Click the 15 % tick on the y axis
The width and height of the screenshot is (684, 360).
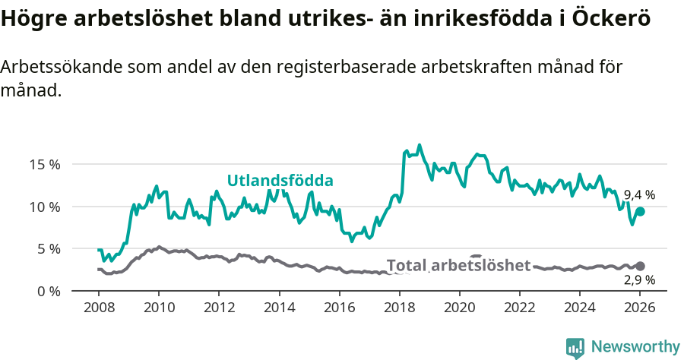point(44,164)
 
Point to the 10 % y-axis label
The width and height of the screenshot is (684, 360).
point(44,207)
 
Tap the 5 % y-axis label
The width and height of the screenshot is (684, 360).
point(47,248)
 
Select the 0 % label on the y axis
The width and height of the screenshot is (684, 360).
point(47,291)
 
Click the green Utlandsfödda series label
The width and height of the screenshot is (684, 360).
point(280,181)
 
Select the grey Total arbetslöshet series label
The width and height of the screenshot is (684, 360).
point(458,265)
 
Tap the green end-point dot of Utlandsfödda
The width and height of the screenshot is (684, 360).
point(640,212)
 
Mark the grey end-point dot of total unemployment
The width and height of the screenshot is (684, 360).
point(640,266)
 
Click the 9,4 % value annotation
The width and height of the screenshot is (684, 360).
point(639,195)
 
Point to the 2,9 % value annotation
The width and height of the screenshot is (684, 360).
point(639,280)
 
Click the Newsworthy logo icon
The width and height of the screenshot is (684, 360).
point(575,348)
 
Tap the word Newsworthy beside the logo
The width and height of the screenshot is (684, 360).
point(635,347)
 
